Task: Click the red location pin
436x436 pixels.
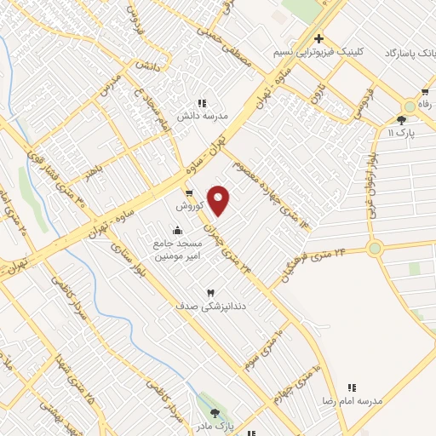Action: (219, 200)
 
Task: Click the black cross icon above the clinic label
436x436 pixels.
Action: (318, 38)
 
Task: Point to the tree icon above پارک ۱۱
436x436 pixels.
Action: (402, 120)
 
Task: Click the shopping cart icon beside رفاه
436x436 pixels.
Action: (423, 92)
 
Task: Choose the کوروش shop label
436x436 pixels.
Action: (187, 207)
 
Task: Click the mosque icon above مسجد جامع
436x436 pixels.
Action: (177, 230)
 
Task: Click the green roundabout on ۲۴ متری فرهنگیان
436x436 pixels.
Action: (375, 249)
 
